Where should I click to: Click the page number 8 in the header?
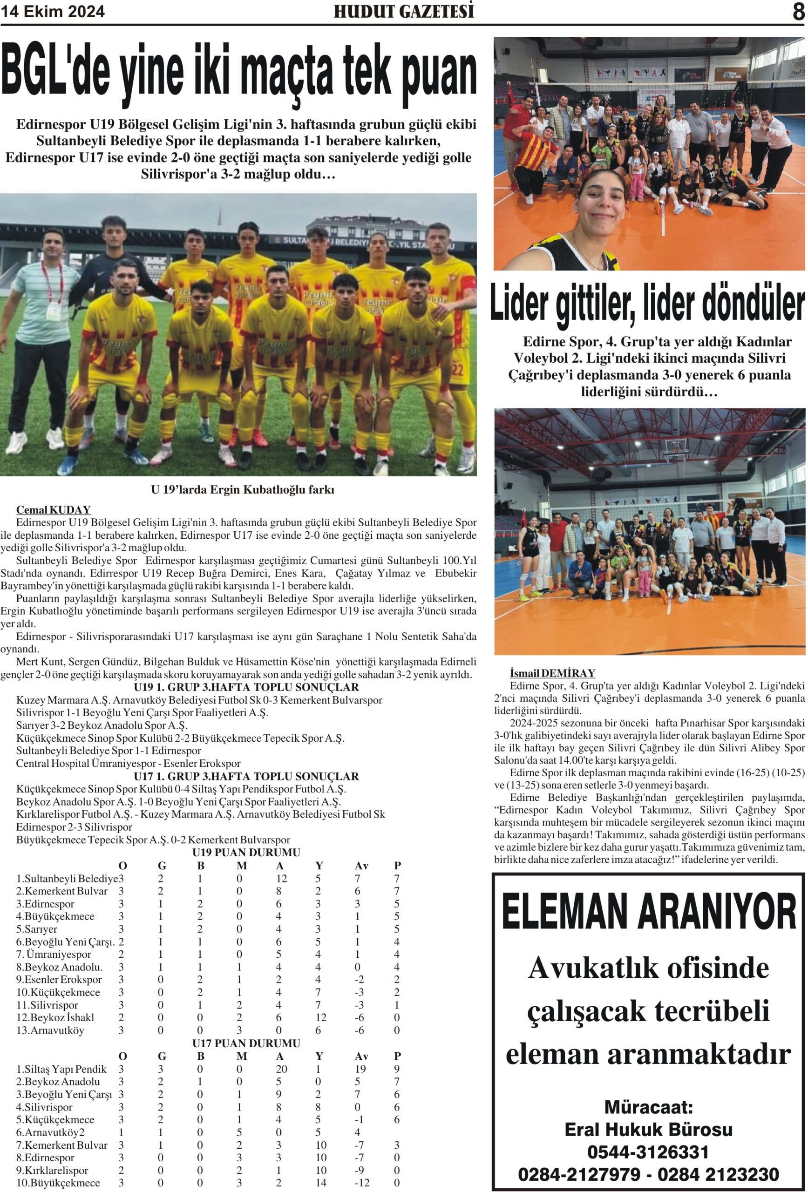click(798, 11)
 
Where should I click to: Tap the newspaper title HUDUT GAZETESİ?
click(404, 11)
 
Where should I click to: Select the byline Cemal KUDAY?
click(54, 510)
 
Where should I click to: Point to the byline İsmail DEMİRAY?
click(552, 673)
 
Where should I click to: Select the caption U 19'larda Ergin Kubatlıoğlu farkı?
click(242, 490)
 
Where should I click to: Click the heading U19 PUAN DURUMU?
click(246, 853)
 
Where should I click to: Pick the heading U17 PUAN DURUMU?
click(246, 1043)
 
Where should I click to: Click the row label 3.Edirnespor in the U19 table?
click(46, 904)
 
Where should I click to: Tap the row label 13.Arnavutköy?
click(50, 1030)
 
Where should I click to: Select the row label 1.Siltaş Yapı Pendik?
click(61, 1070)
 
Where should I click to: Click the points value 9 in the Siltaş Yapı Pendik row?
click(397, 1070)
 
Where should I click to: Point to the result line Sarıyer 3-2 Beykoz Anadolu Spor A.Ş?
click(102, 725)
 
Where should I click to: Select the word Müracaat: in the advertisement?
click(648, 1106)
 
